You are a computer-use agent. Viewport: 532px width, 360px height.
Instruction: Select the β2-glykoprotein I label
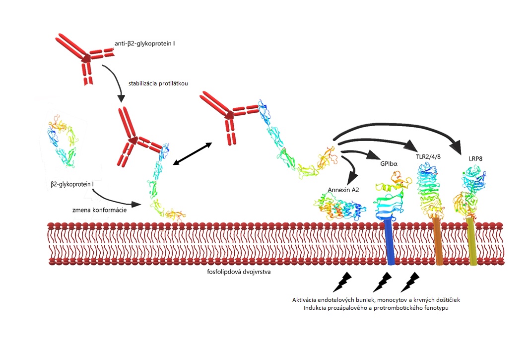pyautogui.click(x=72, y=184)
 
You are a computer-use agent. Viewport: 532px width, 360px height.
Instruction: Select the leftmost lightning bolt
pyautogui.click(x=342, y=282)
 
